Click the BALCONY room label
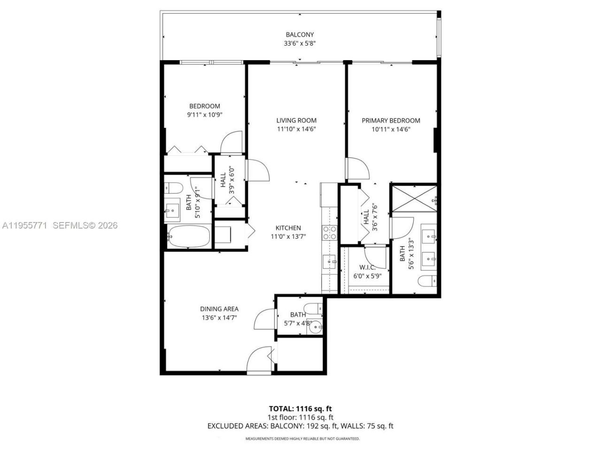[x=300, y=34]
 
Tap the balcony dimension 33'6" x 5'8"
[x=300, y=44]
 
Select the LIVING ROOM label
[x=296, y=120]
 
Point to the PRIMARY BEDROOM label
[x=391, y=120]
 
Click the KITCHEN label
[x=288, y=228]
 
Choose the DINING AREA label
[x=219, y=309]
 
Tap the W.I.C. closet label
[x=366, y=267]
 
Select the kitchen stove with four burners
[x=330, y=233]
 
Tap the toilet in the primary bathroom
[x=427, y=282]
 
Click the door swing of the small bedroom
[x=231, y=142]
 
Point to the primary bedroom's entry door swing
[x=356, y=169]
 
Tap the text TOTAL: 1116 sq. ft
[x=300, y=408]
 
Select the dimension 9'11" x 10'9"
[x=204, y=115]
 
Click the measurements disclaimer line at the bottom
[x=302, y=438]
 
